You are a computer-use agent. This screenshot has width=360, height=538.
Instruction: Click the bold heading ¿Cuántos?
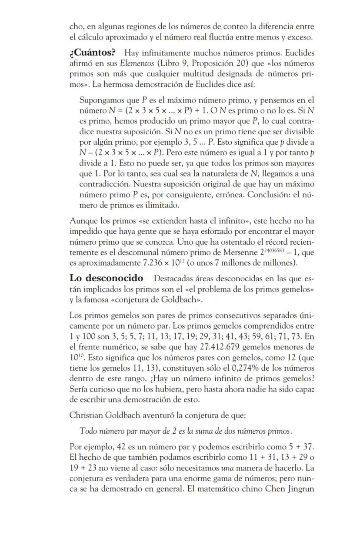92,53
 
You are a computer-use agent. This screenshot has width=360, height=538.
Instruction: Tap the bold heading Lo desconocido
107,278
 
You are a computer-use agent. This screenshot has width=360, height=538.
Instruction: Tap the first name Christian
86,415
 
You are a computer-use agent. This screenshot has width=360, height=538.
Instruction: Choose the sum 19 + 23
85,468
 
